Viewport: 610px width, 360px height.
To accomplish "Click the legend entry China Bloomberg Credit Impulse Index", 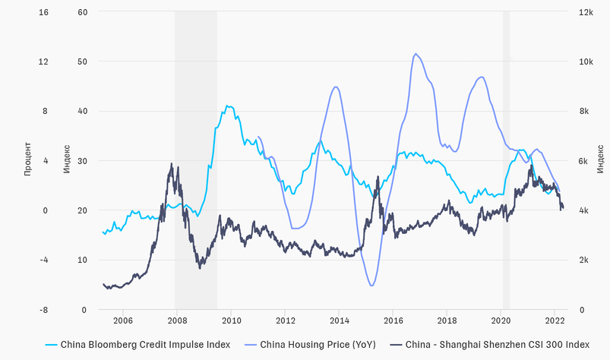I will tap(145, 344).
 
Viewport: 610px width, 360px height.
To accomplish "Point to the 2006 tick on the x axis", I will tap(123, 320).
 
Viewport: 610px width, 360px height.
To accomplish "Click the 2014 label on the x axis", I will tap(339, 320).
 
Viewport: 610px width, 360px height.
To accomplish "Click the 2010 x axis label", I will tap(231, 320).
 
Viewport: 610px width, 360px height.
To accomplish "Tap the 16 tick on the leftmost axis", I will tap(22, 12).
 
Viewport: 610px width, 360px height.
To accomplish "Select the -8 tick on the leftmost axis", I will tap(23, 310).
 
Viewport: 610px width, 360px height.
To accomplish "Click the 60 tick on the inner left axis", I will tap(83, 12).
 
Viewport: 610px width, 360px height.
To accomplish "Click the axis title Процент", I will tap(28, 159).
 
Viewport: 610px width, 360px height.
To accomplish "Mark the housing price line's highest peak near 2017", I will tap(416, 54).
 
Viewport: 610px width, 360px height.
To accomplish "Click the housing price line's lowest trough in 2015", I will tap(371, 286).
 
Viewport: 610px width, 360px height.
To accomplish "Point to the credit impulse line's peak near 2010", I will tap(228, 106).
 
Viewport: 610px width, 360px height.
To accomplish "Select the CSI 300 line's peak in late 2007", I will tap(172, 164).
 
